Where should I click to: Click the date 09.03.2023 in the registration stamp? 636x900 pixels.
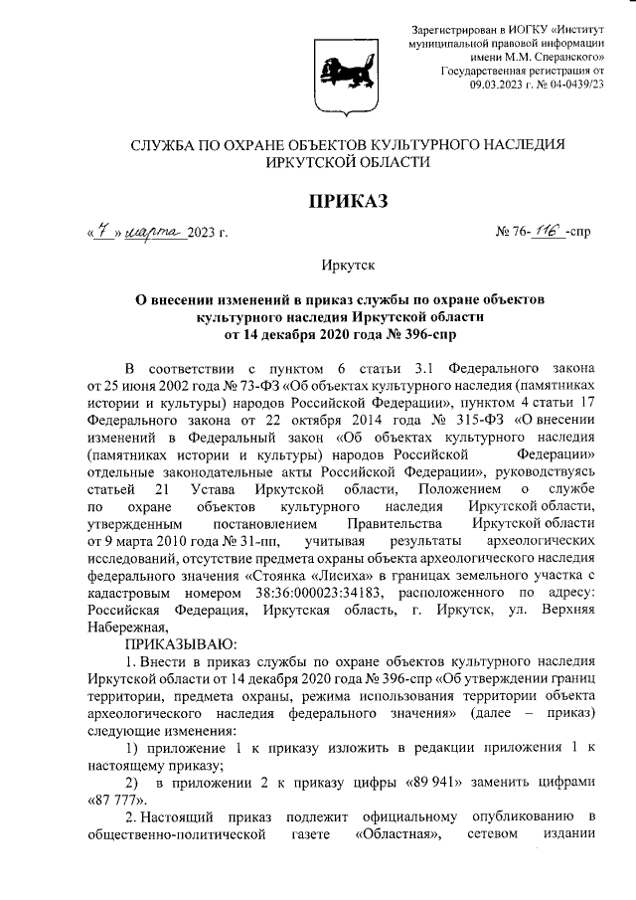click(503, 87)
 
